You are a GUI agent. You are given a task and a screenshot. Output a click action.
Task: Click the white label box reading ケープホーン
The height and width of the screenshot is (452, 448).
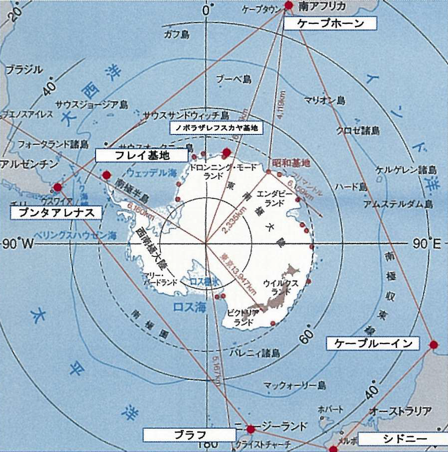[330, 23]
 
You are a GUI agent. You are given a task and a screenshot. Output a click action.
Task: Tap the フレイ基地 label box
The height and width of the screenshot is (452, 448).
[142, 155]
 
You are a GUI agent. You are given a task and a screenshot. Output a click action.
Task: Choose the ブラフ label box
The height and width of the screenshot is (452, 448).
[189, 435]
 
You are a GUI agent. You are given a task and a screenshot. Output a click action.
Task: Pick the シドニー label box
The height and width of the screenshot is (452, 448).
[402, 439]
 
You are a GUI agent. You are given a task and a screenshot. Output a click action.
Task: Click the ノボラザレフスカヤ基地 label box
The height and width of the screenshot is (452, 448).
[216, 128]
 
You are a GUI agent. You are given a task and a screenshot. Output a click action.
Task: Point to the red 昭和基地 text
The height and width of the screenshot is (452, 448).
[292, 163]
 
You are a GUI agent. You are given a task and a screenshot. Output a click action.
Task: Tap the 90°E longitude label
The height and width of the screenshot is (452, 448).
[427, 243]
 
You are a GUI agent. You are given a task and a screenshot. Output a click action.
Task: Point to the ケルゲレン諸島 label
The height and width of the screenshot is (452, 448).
[404, 169]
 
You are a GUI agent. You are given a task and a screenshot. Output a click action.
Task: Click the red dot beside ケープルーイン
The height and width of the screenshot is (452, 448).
[434, 344]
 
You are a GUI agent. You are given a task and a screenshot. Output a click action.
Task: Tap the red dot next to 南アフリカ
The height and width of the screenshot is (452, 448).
[289, 5]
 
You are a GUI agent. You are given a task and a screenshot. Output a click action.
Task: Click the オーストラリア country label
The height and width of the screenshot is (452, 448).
[400, 411]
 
